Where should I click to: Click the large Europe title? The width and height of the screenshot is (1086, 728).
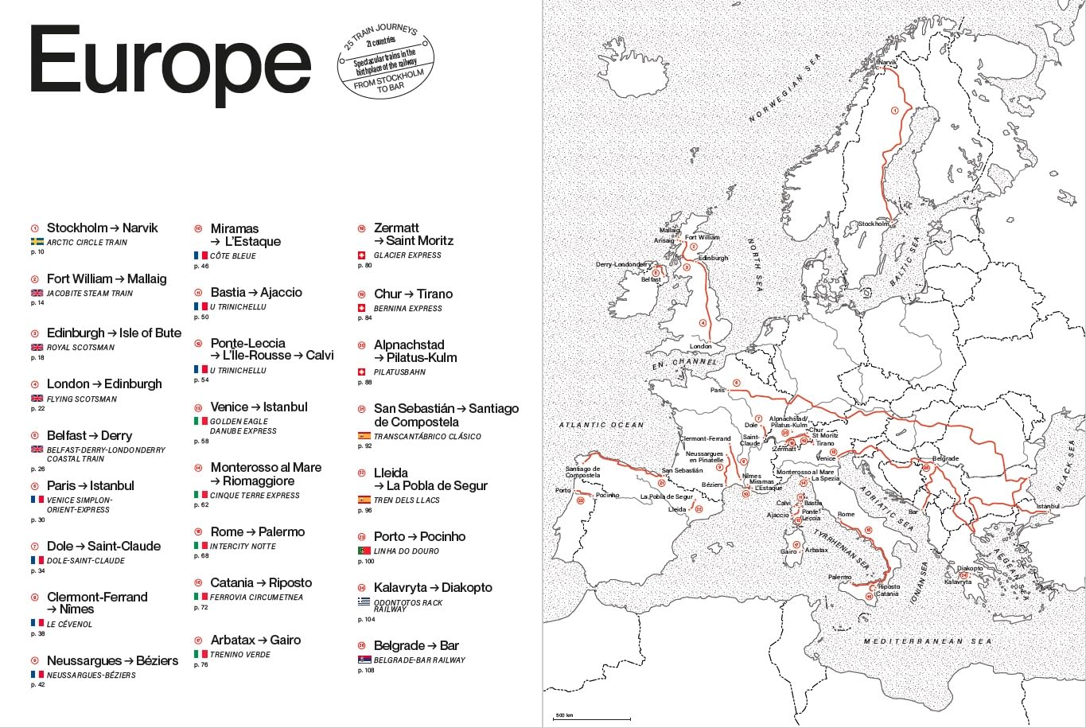click(x=169, y=61)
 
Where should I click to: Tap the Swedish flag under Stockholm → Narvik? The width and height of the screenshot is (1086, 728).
click(x=37, y=242)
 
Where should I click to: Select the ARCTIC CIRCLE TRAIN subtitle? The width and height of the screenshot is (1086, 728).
click(x=87, y=243)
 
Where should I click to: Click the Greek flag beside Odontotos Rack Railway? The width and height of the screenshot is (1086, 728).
click(x=364, y=602)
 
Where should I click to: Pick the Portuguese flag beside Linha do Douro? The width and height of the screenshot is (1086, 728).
click(x=364, y=551)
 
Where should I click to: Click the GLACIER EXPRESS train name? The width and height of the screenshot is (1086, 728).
click(x=407, y=255)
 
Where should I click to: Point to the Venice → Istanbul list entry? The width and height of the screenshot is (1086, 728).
click(x=259, y=407)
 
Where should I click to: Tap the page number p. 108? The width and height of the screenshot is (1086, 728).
click(x=366, y=671)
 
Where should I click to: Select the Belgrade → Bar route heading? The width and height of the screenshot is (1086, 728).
click(x=416, y=645)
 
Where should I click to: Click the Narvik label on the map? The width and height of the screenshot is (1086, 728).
click(x=886, y=62)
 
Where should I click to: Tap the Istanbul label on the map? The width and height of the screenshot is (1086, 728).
click(x=1048, y=506)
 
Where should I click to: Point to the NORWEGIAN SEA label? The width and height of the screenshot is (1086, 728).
click(x=784, y=88)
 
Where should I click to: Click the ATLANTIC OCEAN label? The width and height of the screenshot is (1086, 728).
click(x=601, y=425)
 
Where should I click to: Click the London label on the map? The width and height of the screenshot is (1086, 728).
click(x=700, y=346)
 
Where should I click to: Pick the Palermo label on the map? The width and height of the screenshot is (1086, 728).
click(x=839, y=577)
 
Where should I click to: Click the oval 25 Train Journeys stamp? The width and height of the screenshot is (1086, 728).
click(x=386, y=59)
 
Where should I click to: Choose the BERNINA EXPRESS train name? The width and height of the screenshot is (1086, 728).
click(x=407, y=309)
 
